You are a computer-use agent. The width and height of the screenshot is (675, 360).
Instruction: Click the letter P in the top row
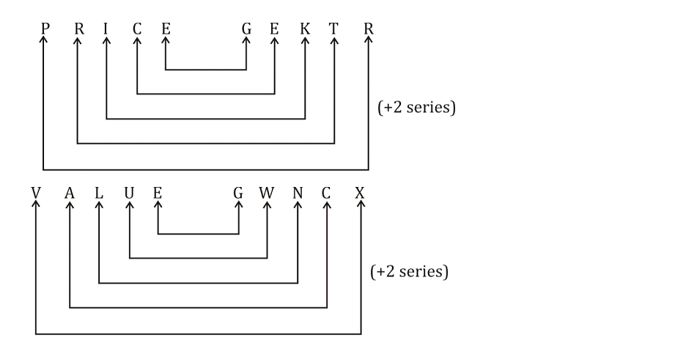coord(45,29)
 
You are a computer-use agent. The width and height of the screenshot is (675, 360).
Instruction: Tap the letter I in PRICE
coord(106,29)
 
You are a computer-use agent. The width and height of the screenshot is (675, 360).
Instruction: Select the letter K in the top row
coord(305,29)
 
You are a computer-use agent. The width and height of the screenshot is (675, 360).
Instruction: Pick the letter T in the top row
coord(334,29)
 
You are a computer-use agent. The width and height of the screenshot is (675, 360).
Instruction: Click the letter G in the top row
coord(246,29)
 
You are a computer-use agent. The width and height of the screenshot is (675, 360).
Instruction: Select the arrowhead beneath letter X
coord(360,206)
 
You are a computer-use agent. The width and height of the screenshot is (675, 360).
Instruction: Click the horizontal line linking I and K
coord(206,119)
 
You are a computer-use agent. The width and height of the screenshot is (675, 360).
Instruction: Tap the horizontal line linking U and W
coord(198,258)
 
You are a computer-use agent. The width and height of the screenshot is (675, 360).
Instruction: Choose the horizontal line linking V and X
coord(198,334)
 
